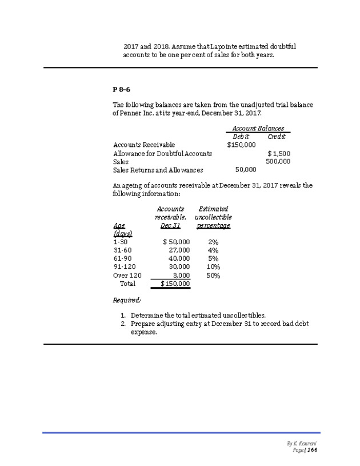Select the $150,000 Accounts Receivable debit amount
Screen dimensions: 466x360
pyautogui.click(x=241, y=145)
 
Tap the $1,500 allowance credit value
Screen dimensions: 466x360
pyautogui.click(x=279, y=154)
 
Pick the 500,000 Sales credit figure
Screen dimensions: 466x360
pyautogui.click(x=278, y=162)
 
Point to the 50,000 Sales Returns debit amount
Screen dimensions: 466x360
pyautogui.click(x=246, y=170)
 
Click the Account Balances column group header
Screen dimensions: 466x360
pyautogui.click(x=258, y=129)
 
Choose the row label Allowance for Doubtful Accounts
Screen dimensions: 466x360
pyautogui.click(x=162, y=154)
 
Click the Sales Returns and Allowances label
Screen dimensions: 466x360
pyautogui.click(x=158, y=170)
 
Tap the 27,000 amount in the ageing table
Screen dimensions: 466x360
pyautogui.click(x=179, y=250)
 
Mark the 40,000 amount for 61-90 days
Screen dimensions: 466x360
pyautogui.click(x=179, y=258)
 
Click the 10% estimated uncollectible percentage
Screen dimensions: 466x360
pyautogui.click(x=213, y=266)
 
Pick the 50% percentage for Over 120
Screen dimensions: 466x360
pyautogui.click(x=213, y=275)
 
